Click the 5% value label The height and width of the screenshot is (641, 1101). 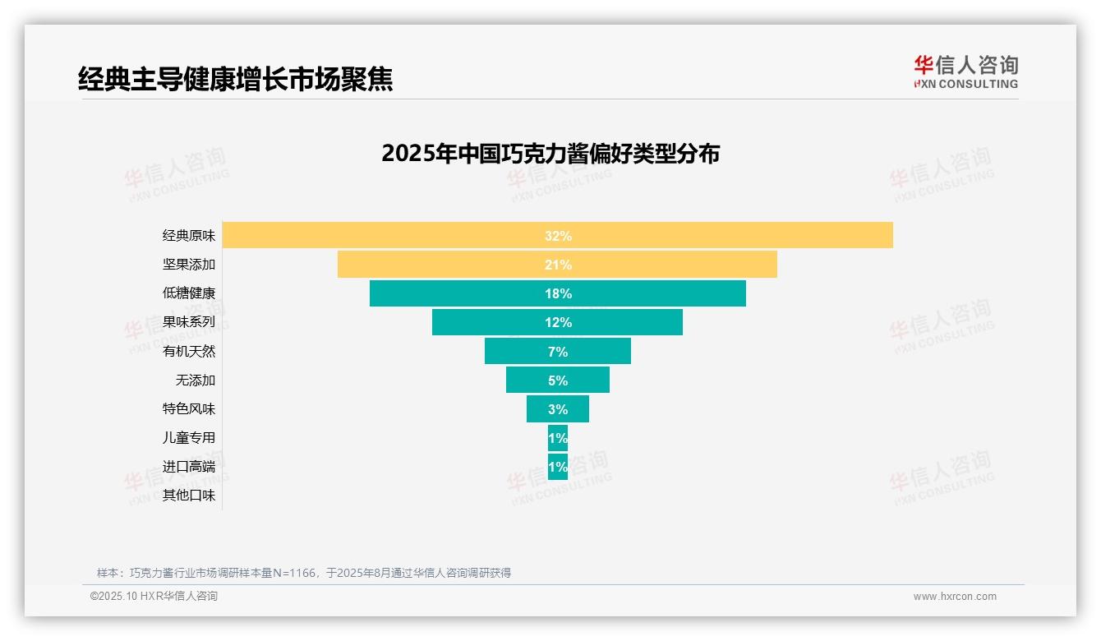[x=558, y=380]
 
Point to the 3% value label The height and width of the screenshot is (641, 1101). [x=558, y=409]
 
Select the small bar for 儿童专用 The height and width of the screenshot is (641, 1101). [x=558, y=438]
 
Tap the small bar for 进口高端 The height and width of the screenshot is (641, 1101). [x=558, y=467]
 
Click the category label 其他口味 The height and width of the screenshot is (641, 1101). [x=189, y=495]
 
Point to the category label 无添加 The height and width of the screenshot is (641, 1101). [x=196, y=380]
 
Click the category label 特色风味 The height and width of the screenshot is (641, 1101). [x=189, y=408]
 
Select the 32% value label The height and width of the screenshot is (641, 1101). [x=558, y=236]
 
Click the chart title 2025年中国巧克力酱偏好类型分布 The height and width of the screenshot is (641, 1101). [x=550, y=154]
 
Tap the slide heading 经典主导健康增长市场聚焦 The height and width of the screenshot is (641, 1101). [x=235, y=79]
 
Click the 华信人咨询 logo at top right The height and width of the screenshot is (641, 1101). [x=965, y=71]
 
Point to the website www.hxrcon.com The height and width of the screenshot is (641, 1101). [x=955, y=597]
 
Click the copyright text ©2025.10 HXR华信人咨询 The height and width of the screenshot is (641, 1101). [x=154, y=597]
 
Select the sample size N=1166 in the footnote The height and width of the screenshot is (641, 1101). [x=293, y=573]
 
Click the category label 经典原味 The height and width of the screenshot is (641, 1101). [x=189, y=236]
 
